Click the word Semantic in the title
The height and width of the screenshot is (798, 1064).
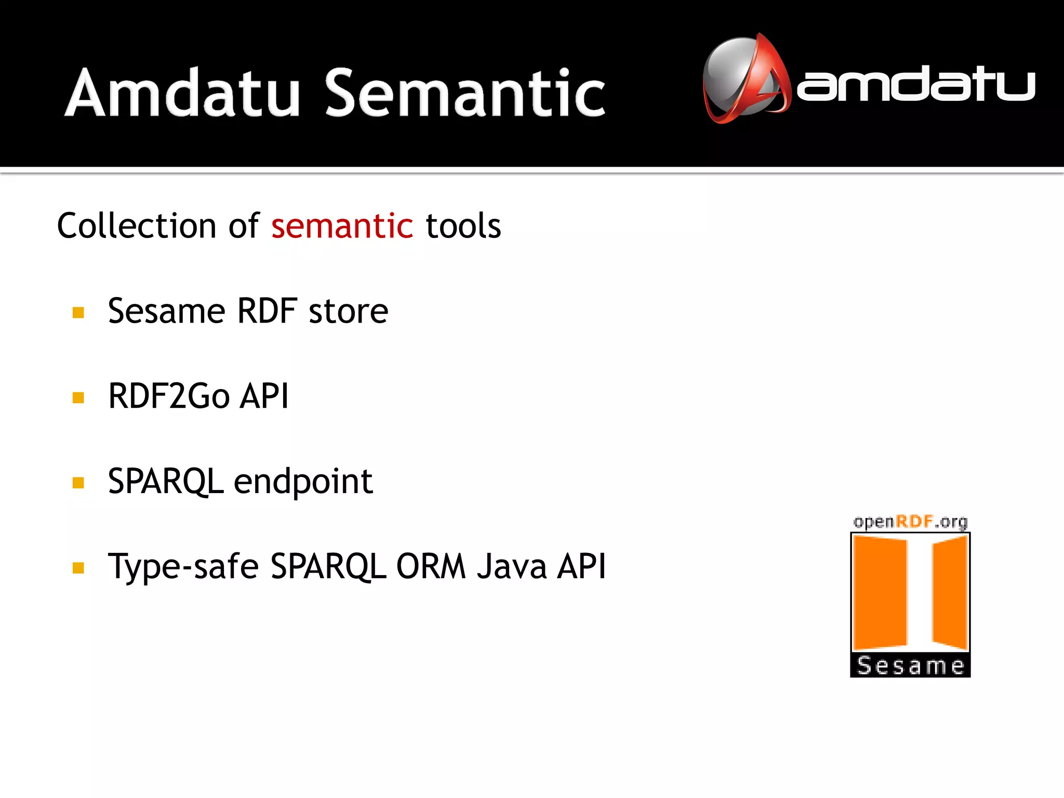click(x=465, y=94)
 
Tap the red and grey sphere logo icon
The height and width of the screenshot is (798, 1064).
click(x=746, y=79)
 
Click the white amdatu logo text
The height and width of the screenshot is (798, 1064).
click(x=915, y=84)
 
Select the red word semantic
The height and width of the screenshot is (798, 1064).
click(x=342, y=227)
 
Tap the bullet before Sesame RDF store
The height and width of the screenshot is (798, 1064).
click(x=78, y=312)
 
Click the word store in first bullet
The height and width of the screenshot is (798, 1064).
click(x=348, y=312)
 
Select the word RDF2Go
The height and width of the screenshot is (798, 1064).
click(x=169, y=396)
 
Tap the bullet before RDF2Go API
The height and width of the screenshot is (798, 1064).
click(x=78, y=398)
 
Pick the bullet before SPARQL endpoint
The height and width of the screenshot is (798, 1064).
click(x=78, y=483)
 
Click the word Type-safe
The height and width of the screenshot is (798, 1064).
click(x=183, y=566)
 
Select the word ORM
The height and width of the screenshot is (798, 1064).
click(x=431, y=566)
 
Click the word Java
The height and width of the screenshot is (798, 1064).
click(x=512, y=566)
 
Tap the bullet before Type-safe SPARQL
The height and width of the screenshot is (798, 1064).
click(x=78, y=568)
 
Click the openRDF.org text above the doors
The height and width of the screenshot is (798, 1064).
click(x=910, y=522)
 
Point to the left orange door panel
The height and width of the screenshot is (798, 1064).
click(x=880, y=592)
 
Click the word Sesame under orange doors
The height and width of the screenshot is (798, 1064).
click(x=910, y=666)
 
